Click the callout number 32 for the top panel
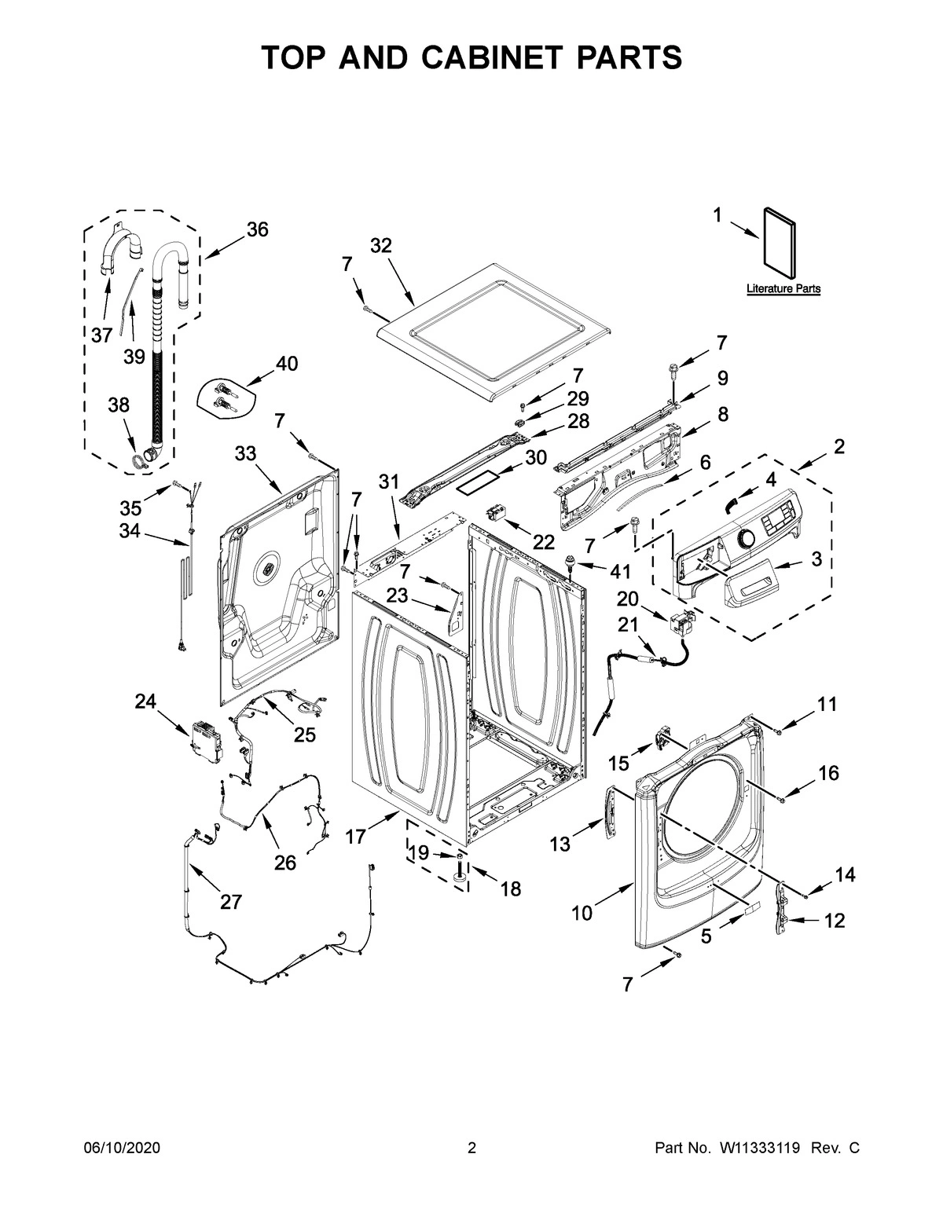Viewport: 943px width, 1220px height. (x=380, y=246)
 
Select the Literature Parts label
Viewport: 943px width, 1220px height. (x=783, y=289)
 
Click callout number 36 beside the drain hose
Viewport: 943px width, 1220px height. (x=257, y=229)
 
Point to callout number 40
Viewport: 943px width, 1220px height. (x=287, y=364)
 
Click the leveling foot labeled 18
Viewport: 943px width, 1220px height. (x=459, y=874)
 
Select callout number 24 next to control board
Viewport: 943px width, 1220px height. (x=145, y=702)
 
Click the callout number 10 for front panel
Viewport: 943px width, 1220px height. (x=582, y=913)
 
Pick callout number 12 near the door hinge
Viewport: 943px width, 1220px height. (x=835, y=920)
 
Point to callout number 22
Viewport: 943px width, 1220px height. (x=543, y=541)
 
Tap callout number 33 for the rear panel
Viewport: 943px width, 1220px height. (x=245, y=453)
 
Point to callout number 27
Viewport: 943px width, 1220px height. (x=230, y=902)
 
